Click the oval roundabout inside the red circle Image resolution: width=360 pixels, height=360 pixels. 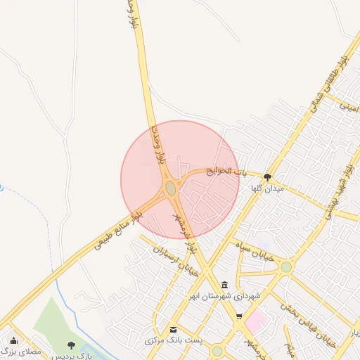click(x=171, y=188)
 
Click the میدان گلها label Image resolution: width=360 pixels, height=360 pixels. click(x=267, y=189)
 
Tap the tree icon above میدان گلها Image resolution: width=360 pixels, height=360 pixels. click(x=267, y=177)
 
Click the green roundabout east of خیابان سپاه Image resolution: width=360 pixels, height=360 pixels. click(x=286, y=267)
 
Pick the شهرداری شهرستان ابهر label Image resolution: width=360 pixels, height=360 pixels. click(x=224, y=296)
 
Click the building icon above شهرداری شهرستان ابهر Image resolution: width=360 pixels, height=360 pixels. click(x=224, y=285)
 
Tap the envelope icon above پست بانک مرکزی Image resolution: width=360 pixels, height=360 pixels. click(x=173, y=329)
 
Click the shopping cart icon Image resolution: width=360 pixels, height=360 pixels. click(x=240, y=316)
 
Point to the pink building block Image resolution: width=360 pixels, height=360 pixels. click(x=256, y=321)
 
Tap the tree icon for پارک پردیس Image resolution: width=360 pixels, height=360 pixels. click(x=71, y=345)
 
